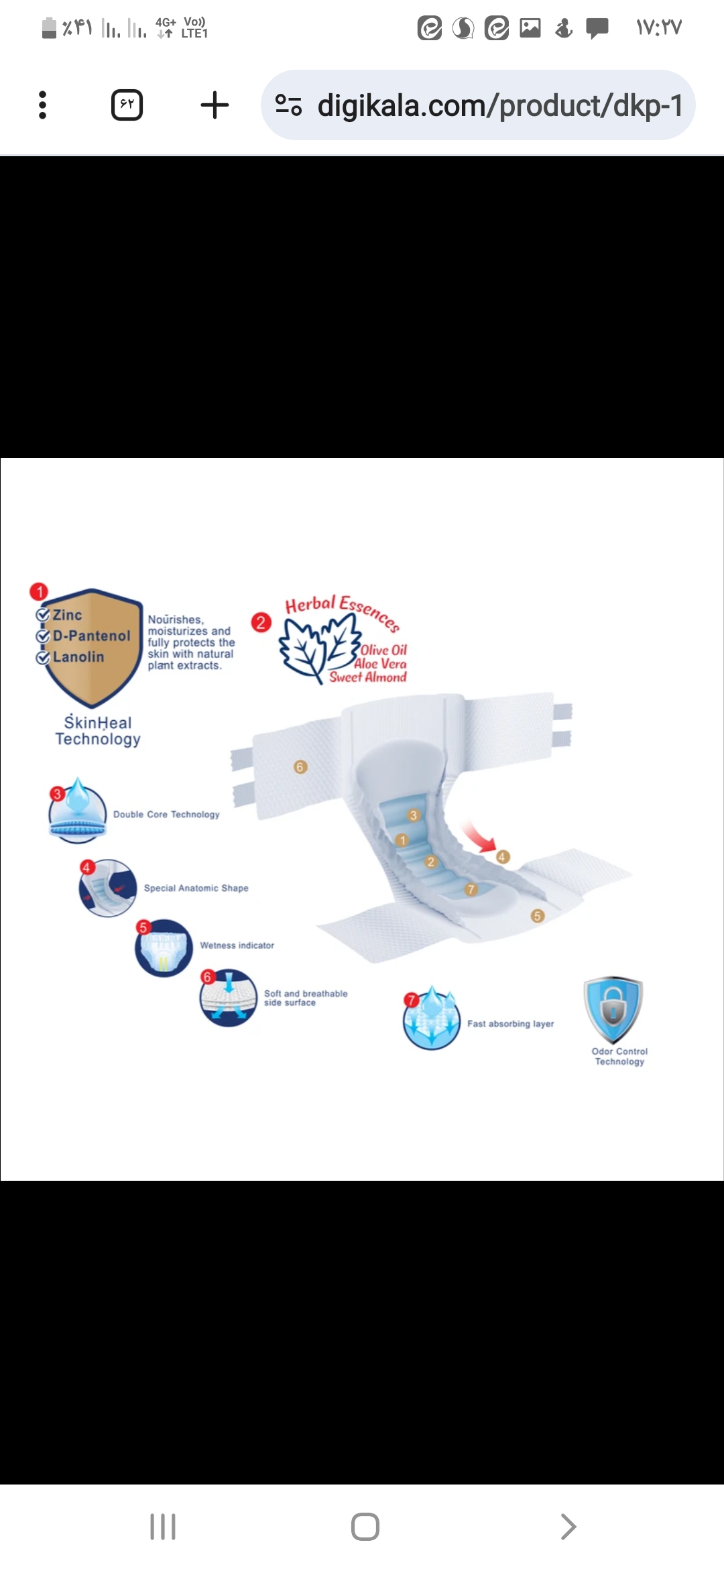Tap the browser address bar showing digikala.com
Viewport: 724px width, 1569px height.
(x=478, y=105)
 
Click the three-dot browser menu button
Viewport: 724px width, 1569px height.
(x=43, y=105)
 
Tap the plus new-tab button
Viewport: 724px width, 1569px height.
(x=215, y=105)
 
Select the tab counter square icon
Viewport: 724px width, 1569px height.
(x=127, y=105)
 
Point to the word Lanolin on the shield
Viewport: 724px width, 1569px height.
(x=78, y=657)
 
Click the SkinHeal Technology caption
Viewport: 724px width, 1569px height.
(x=98, y=731)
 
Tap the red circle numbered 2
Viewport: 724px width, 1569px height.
(x=261, y=622)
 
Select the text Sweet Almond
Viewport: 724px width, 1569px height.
(x=368, y=677)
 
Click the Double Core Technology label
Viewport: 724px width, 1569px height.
(x=166, y=814)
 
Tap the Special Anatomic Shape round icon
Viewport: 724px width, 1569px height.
(x=108, y=888)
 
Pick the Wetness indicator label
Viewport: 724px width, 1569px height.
(x=237, y=945)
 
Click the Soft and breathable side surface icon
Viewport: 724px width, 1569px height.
(x=229, y=998)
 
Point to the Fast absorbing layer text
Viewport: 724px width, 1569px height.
(x=511, y=1024)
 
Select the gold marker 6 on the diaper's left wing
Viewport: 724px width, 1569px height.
(x=300, y=766)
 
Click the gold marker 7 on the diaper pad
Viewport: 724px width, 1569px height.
(x=471, y=890)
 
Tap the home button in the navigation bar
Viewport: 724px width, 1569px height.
(x=365, y=1527)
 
